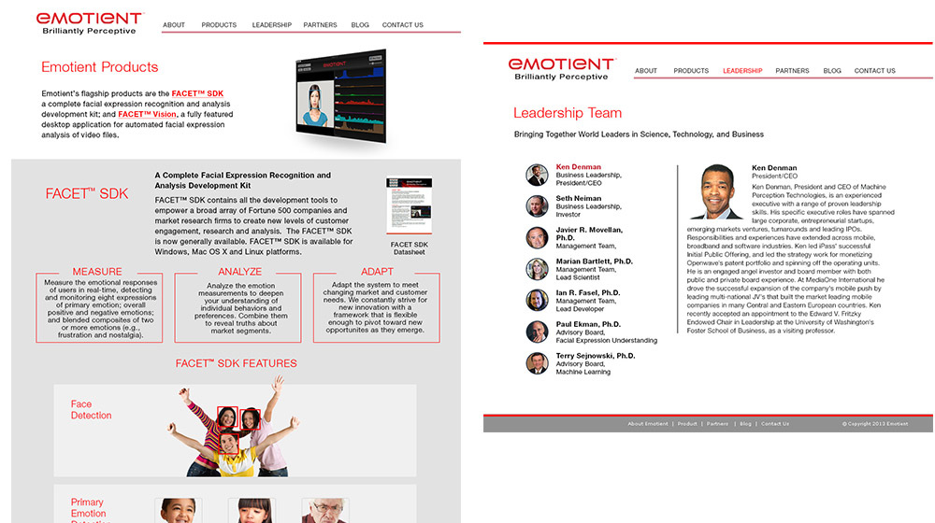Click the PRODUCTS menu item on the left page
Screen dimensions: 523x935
[219, 25]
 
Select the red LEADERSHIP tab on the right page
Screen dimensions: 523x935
[742, 71]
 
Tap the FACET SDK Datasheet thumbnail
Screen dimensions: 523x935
[409, 207]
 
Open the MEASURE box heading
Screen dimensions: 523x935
[97, 272]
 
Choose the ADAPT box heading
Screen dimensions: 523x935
[377, 272]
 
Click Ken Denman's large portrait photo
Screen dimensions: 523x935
[716, 192]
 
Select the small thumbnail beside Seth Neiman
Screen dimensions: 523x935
[537, 206]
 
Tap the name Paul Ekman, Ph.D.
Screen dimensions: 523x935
[588, 324]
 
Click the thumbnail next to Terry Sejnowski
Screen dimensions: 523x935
[537, 363]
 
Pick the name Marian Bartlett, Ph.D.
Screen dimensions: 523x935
[595, 261]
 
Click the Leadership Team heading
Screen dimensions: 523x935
[568, 113]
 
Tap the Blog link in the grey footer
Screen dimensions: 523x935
[745, 424]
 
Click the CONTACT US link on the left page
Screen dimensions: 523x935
[402, 25]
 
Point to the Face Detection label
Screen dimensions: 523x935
[91, 410]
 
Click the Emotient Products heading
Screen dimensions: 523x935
[100, 67]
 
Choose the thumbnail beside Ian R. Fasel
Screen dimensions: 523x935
[537, 301]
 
